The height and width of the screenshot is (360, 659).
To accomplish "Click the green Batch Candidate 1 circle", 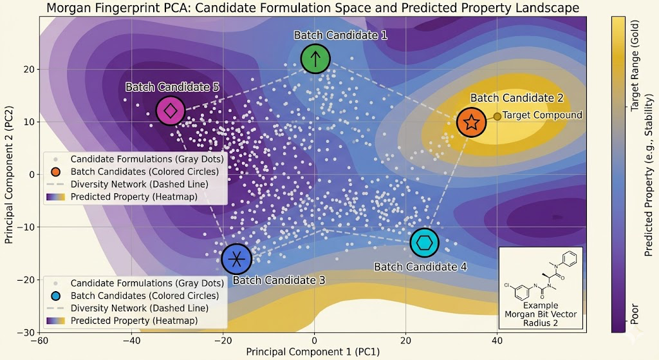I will (x=315, y=59).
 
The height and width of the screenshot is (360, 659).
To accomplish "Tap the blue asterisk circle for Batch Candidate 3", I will (x=237, y=259).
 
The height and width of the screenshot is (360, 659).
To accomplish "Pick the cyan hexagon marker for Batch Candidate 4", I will (x=424, y=243).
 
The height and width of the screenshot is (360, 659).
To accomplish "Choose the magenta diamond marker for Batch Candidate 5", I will (x=171, y=110).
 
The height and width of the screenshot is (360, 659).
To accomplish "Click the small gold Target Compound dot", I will (x=497, y=117).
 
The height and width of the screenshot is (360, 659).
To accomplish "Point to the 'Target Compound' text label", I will (x=542, y=115).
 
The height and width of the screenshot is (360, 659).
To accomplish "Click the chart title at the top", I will (x=313, y=8).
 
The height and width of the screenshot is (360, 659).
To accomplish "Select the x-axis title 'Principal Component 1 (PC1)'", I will (x=313, y=352).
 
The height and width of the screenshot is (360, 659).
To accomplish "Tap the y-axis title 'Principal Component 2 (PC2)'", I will (x=9, y=173).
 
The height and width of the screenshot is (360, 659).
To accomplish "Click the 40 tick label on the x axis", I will (x=497, y=341).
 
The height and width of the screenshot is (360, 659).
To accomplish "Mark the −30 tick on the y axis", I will (x=27, y=332).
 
